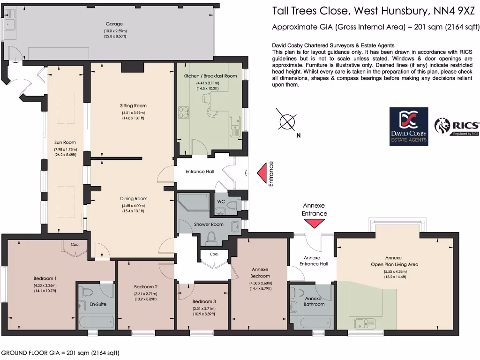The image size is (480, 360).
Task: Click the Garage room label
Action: click(113, 24)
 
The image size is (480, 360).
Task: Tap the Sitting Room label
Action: click(134, 105)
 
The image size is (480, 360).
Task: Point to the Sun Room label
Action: click(65, 142)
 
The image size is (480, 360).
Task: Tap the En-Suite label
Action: click(98, 304)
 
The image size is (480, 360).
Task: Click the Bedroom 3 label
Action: click(204, 301)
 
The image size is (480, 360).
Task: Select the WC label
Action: click(221, 202)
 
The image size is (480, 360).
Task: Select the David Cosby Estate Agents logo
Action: click(409, 127)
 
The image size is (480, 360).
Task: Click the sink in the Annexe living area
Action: click(364, 323)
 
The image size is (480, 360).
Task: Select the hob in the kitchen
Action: click(183, 112)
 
